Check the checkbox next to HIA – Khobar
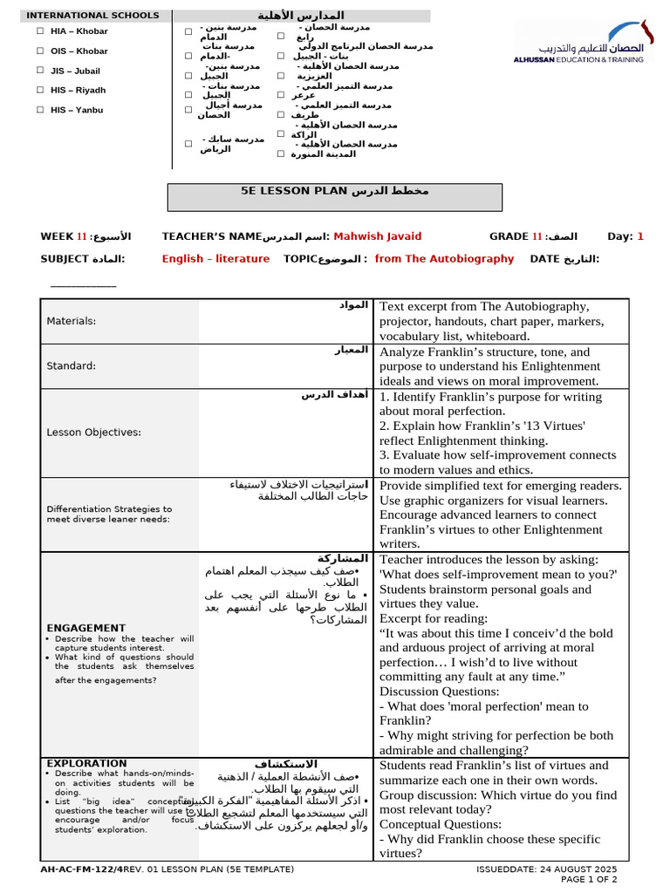[x=40, y=31]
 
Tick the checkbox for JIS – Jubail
[x=40, y=71]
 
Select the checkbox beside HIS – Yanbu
[x=40, y=110]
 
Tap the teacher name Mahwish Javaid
[x=378, y=236]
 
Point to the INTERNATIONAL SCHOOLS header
[x=92, y=16]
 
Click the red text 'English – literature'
[x=215, y=259]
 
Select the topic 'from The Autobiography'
[x=444, y=259]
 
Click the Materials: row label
[x=72, y=321]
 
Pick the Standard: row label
[x=72, y=365]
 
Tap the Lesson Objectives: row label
[x=93, y=432]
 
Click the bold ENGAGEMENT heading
[x=85, y=628]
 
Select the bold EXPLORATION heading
[x=86, y=763]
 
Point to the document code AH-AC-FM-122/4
[x=81, y=869]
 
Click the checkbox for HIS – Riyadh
[x=40, y=90]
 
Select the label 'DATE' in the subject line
[x=545, y=259]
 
